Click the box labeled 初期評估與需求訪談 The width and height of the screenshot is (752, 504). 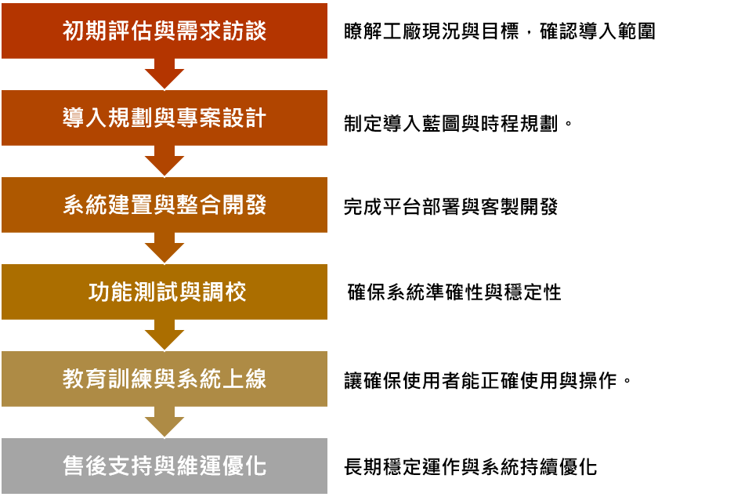tap(164, 31)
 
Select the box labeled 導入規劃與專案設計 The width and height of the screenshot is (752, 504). tap(164, 118)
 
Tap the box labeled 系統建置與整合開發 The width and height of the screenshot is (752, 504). tap(164, 205)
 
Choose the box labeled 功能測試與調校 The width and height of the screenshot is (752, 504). tap(164, 292)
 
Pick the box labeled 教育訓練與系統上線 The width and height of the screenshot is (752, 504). tap(164, 379)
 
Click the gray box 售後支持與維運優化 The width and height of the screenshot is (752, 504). tap(164, 466)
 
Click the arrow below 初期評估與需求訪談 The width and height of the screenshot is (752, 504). tap(164, 74)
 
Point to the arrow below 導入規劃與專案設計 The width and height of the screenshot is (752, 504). tap(164, 161)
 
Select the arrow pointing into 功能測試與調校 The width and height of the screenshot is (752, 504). tap(164, 248)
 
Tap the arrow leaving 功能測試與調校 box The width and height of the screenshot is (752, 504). tap(164, 335)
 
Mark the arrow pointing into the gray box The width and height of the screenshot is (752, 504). tap(164, 422)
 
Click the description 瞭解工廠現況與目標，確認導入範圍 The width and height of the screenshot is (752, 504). tap(500, 31)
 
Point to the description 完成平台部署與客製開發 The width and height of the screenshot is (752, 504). tap(451, 207)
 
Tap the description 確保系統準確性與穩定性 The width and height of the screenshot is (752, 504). tap(454, 292)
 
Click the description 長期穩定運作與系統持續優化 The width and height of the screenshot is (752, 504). tap(471, 467)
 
